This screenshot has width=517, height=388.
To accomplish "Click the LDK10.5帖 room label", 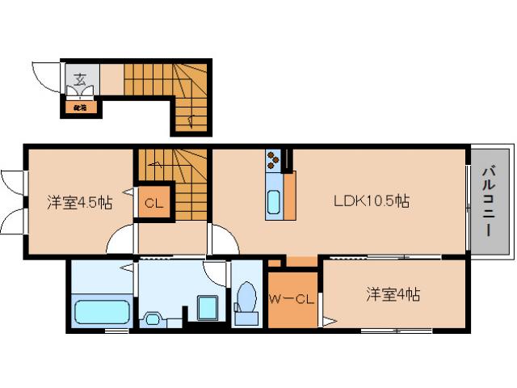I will (x=371, y=201).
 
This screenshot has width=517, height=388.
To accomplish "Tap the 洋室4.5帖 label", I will (x=78, y=202).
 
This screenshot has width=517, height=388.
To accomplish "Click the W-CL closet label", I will (x=292, y=300).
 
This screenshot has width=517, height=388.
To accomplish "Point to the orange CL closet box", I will (x=153, y=203).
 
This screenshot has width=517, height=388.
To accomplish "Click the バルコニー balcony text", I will (x=490, y=201).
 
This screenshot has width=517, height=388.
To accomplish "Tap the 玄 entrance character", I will (x=81, y=78).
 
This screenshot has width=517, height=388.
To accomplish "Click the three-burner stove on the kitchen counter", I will (x=273, y=159).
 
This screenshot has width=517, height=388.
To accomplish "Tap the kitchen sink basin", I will (x=274, y=201).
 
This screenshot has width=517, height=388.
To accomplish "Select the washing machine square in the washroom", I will (x=208, y=308).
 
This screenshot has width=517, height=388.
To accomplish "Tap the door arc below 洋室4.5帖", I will (x=120, y=240).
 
